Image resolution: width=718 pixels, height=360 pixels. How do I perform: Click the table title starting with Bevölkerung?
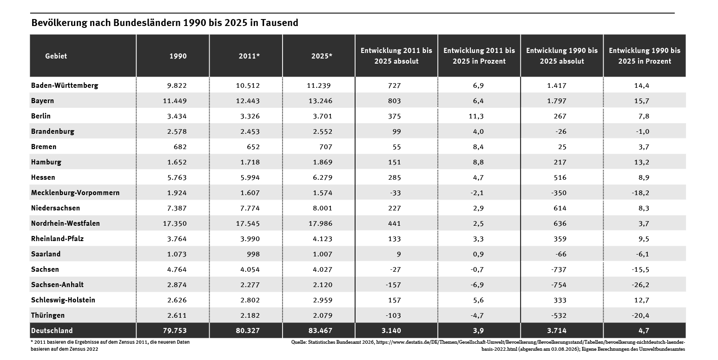point(165,23)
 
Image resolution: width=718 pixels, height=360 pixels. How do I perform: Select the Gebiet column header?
point(56,56)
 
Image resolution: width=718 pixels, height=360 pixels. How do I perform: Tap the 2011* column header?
point(249,56)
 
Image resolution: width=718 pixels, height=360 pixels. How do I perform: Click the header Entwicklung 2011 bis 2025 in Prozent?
point(479,56)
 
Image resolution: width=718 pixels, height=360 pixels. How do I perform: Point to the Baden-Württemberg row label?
point(65,85)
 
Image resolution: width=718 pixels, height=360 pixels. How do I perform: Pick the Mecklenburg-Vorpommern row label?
point(75,193)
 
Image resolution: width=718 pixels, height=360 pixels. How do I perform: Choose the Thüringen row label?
point(48,315)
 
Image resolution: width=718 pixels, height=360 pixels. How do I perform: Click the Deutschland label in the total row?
point(52,331)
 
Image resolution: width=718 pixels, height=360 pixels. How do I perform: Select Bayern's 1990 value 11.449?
point(175,101)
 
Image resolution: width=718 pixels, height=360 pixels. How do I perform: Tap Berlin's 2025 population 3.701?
point(323,116)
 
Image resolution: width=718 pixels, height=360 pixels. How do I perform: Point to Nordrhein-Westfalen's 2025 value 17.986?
point(321,223)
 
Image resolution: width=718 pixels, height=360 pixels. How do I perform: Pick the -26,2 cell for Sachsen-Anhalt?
point(640,285)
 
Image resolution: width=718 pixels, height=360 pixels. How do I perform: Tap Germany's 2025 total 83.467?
point(321,331)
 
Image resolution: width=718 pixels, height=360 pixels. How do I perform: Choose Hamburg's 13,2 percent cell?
point(641,163)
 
